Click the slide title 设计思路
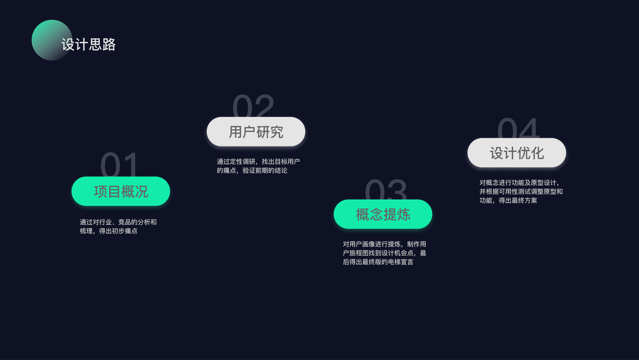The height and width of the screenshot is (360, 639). coord(88,44)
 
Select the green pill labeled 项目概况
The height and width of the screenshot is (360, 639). coord(121,191)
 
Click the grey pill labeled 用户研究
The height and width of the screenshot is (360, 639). coord(256,132)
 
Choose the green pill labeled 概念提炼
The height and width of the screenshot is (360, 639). coord(383,214)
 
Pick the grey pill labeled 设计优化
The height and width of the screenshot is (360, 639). coord(517,153)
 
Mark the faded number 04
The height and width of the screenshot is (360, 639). coord(518,128)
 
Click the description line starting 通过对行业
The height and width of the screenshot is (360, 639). coord(118,222)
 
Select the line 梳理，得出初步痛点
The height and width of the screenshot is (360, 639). coord(109,231)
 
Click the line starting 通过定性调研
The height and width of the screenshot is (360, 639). coord(258,161)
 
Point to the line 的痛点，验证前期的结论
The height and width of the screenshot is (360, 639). coord(252,170)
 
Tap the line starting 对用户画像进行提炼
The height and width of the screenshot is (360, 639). coord(385,244)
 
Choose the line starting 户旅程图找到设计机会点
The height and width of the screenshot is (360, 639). coord(385,253)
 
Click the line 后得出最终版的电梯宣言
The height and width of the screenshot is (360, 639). coord(378,262)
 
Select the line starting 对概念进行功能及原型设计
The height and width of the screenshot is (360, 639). coord(520,182)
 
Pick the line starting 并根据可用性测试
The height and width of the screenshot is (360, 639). coord(521,191)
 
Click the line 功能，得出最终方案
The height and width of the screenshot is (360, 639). coord(508,200)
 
